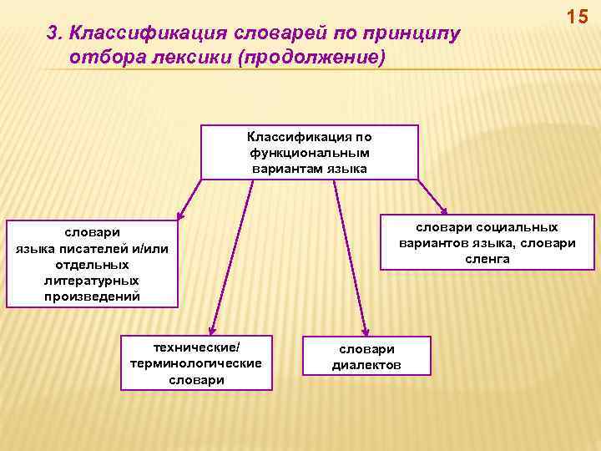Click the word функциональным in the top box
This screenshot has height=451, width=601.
[310, 153]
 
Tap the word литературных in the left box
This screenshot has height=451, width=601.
[92, 280]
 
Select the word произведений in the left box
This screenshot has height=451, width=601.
[92, 296]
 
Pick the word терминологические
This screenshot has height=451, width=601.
[197, 363]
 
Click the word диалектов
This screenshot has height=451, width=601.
[366, 365]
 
